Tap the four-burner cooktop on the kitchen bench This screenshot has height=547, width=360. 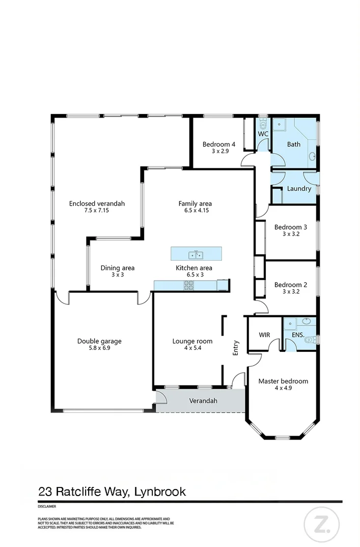point(188,286)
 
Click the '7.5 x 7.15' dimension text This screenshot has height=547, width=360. point(97,211)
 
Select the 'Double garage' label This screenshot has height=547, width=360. point(99,341)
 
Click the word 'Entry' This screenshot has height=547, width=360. point(236,347)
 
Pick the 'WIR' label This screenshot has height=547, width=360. point(264,335)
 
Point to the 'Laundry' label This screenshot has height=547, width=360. point(299,188)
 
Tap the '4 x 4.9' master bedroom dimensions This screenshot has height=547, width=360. point(283,388)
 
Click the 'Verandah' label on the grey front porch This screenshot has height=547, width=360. point(203,401)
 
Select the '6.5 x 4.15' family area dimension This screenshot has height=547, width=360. point(195,211)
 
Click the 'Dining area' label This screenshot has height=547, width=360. point(117,268)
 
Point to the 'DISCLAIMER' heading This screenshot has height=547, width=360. point(47,507)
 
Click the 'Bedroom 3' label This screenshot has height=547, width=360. point(290,227)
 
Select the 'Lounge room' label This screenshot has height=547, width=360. point(192,341)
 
